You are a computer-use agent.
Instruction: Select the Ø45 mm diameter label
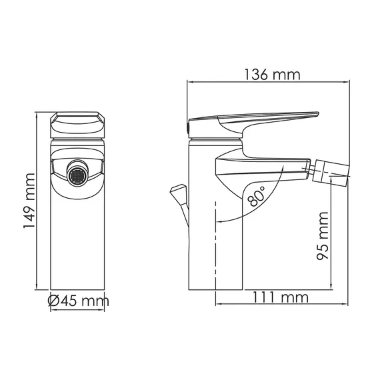click(x=79, y=301)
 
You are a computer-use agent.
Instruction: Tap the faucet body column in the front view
click(x=79, y=240)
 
